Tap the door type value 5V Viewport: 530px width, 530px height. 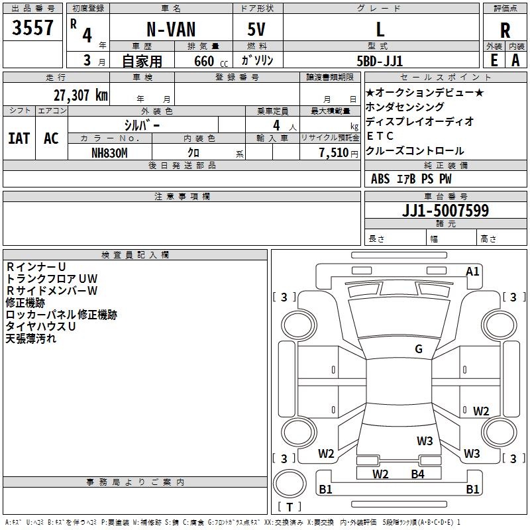click(x=258, y=29)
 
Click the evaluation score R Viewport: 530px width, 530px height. click(x=505, y=30)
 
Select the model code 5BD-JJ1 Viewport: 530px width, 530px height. click(x=380, y=60)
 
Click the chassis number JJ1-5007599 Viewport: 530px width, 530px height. click(x=445, y=211)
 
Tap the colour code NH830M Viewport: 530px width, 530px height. click(x=109, y=152)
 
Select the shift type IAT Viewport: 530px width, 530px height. click(x=19, y=138)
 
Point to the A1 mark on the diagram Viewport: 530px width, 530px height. click(x=472, y=271)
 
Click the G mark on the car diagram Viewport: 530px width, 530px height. click(x=418, y=349)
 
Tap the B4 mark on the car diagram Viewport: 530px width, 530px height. click(x=417, y=474)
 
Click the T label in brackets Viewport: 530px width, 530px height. click(x=289, y=507)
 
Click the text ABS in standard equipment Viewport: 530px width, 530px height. click(x=380, y=179)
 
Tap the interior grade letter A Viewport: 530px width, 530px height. click(x=515, y=60)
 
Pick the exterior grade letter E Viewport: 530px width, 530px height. click(x=494, y=60)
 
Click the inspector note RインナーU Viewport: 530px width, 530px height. click(x=36, y=266)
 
